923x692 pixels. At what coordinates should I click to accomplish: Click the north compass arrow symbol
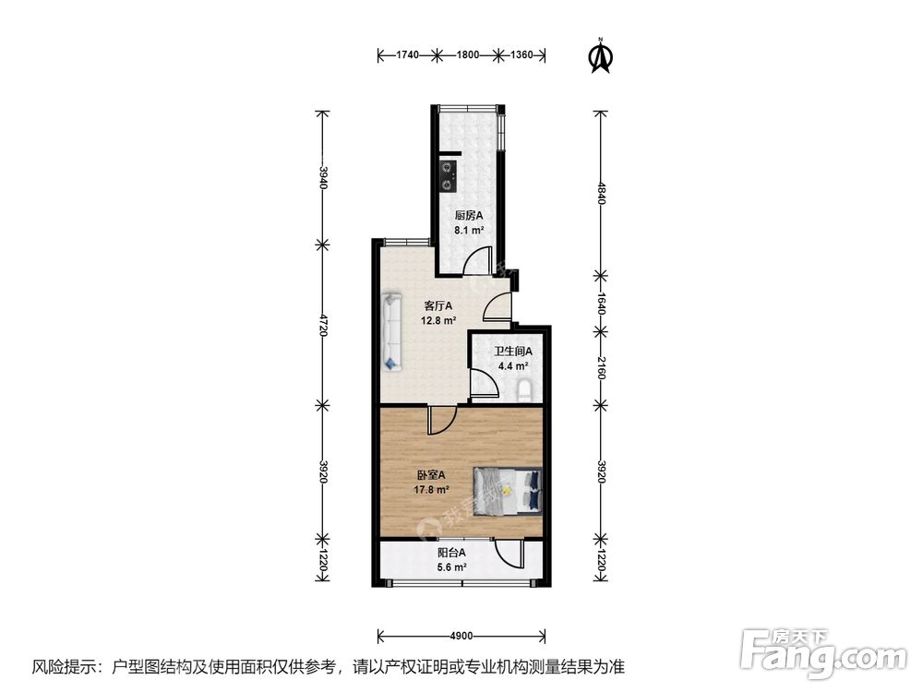[x=602, y=56]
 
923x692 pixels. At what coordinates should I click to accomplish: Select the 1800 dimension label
[x=466, y=55]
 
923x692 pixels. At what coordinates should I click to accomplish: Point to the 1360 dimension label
[x=521, y=55]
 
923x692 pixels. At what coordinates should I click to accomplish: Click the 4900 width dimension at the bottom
[x=461, y=636]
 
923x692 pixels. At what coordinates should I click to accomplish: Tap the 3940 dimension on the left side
[x=323, y=178]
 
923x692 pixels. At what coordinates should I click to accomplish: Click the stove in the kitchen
[x=449, y=174]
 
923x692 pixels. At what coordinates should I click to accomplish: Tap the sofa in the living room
[x=392, y=331]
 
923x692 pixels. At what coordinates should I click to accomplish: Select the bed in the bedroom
[x=507, y=487]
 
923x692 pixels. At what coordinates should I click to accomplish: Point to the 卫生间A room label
[x=512, y=351]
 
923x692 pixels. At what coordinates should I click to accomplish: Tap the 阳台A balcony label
[x=451, y=554]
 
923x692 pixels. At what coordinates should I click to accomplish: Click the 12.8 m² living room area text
[x=439, y=321]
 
